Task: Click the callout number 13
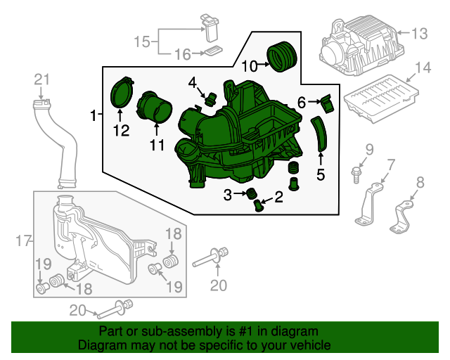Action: click(419, 34)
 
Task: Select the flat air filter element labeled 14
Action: click(381, 98)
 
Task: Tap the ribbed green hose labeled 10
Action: click(282, 56)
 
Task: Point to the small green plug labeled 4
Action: click(211, 98)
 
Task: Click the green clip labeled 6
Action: click(327, 103)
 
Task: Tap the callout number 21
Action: click(42, 79)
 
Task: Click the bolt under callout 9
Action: click(356, 175)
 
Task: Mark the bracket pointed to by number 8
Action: click(401, 217)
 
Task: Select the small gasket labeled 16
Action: click(213, 51)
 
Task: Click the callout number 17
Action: click(23, 240)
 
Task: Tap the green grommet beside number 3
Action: click(252, 193)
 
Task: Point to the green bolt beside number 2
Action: click(258, 205)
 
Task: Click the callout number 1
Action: click(93, 115)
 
